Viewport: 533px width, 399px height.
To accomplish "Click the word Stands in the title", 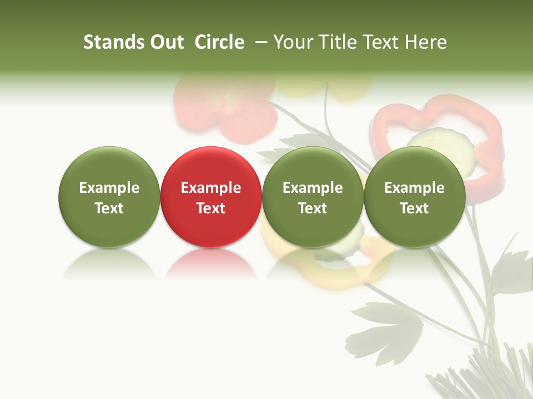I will point(114,42).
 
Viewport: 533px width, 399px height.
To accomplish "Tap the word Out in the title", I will point(166,42).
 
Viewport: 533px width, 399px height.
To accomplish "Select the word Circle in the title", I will point(219,42).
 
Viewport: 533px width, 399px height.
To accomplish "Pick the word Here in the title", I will point(426,42).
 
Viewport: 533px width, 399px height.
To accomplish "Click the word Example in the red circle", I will point(211,188).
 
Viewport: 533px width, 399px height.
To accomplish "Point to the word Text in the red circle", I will point(211,208).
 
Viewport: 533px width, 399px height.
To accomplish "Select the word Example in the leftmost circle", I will point(109,188).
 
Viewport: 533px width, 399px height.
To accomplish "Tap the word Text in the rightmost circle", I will point(414,208).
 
